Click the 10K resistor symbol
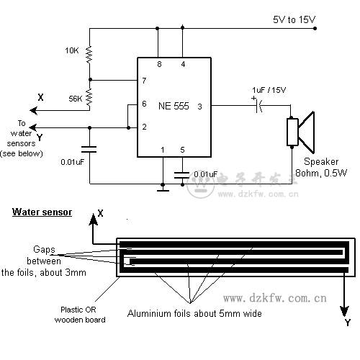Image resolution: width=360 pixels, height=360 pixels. (89, 55)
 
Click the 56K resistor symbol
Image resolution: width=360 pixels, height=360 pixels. (89, 97)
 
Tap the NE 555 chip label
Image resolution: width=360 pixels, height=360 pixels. (174, 106)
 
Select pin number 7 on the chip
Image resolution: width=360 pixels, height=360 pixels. (144, 81)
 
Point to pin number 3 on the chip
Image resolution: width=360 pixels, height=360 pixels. (199, 107)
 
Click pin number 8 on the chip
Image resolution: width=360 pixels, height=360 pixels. (159, 64)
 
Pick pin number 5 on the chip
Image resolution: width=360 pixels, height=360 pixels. (182, 150)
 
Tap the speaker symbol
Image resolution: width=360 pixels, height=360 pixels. (300, 132)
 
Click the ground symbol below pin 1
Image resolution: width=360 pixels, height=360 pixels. (163, 189)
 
